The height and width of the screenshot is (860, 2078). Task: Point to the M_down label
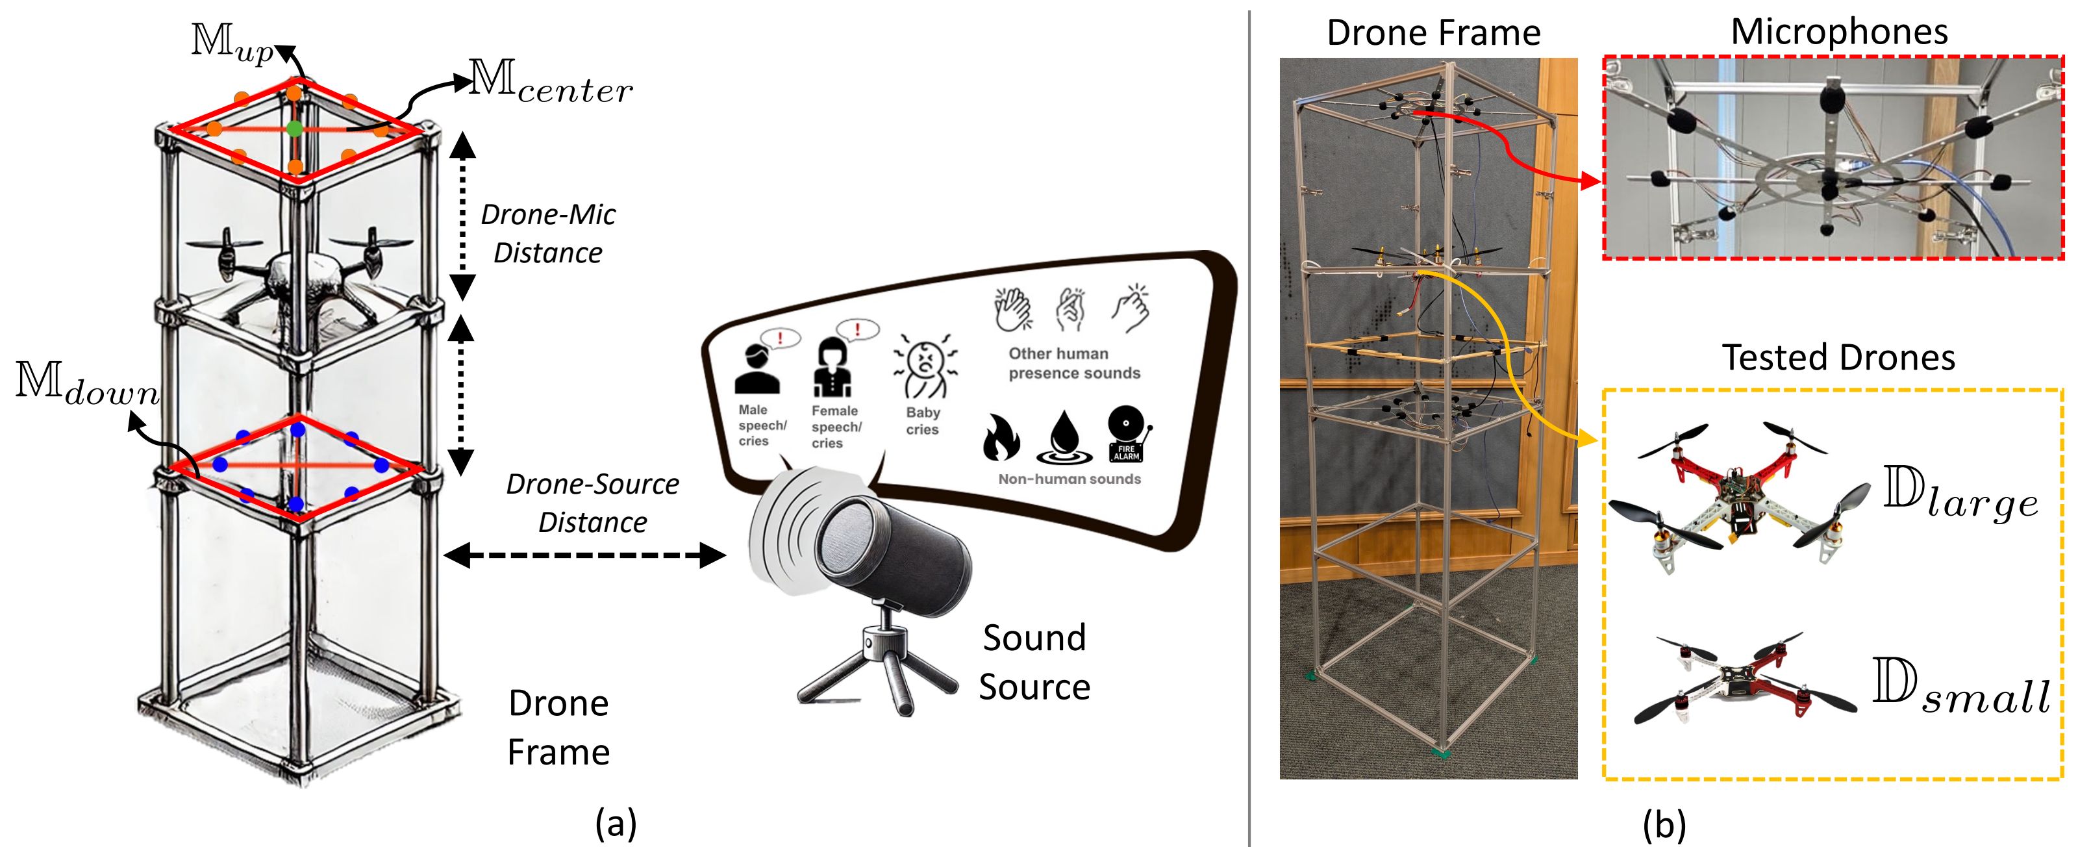point(87,383)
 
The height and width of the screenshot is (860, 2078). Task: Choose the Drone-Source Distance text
point(592,503)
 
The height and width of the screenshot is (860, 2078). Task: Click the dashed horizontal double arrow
point(585,555)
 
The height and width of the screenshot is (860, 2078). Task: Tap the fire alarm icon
point(1128,434)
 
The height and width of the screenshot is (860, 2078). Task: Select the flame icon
point(1001,438)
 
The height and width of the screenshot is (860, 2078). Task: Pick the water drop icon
point(1064,438)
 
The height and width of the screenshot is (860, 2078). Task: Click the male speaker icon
point(757,370)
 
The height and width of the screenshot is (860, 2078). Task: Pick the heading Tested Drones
point(1838,357)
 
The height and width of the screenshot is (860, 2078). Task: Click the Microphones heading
point(1838,32)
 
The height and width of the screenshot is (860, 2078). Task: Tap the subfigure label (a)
point(616,824)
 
